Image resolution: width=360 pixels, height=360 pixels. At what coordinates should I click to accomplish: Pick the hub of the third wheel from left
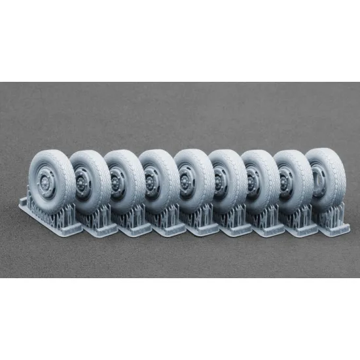point(118,181)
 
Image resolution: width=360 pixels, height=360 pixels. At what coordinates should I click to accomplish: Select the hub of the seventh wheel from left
point(255,181)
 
